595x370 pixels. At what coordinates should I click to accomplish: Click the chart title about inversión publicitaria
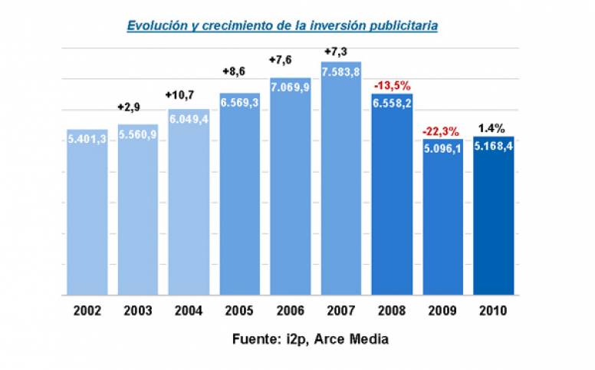pos(282,25)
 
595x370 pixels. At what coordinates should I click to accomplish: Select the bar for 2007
pos(341,192)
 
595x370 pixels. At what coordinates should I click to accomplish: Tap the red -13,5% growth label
pos(393,85)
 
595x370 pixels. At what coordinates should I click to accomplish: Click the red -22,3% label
pos(442,131)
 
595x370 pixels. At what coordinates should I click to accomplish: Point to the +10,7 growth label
pos(182,94)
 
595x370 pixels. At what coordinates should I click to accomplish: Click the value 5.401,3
pos(87,140)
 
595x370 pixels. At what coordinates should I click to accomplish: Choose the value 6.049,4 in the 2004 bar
pos(189,118)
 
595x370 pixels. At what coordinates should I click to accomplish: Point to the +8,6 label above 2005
pos(235,71)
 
